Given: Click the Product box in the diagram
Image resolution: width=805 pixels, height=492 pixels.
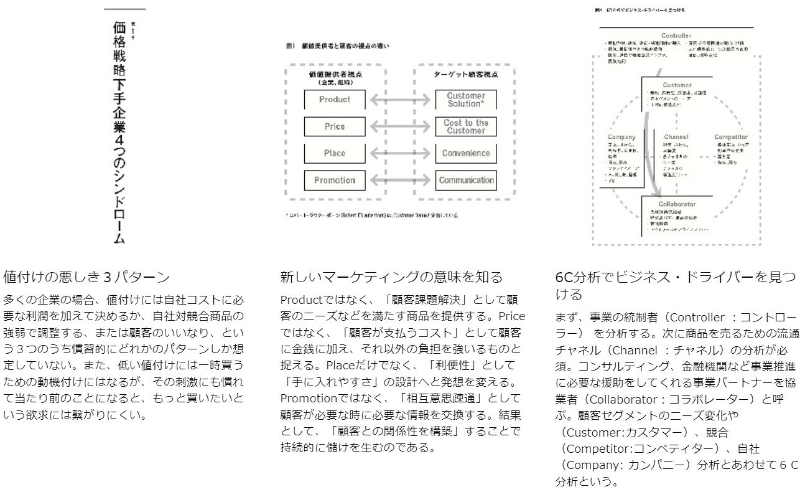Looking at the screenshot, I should point(334,100).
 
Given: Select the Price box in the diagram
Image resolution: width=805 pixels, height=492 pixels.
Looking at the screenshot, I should point(334,126).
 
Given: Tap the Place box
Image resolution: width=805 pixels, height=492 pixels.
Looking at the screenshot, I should point(334,153).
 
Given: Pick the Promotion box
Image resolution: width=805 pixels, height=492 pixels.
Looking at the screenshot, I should point(334,181).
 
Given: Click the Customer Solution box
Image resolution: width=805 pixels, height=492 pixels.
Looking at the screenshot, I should point(466,100).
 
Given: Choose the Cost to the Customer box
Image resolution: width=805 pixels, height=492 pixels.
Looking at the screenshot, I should point(466,126).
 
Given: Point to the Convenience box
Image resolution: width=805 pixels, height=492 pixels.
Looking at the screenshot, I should point(466,153).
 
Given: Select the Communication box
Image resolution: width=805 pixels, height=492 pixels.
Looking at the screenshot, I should point(466,181).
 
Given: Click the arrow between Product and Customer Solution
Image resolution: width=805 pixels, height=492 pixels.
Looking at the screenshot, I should point(400,100).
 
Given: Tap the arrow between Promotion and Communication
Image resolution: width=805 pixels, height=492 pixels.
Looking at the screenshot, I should point(400,181).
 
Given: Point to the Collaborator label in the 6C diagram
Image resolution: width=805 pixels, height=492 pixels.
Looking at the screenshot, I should point(677,204).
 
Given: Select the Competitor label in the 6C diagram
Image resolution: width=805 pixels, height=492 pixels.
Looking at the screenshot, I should point(731,136).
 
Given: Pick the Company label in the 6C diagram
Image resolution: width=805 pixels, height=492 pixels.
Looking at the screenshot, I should point(621,136).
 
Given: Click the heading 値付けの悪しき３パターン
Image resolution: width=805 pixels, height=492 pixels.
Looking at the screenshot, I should point(86,277).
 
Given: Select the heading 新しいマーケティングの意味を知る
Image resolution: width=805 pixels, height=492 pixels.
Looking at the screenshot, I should point(391,277).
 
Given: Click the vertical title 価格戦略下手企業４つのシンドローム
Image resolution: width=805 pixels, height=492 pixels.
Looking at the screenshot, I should point(119,131).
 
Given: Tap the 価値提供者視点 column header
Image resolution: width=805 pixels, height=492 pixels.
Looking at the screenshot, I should point(334,73).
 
